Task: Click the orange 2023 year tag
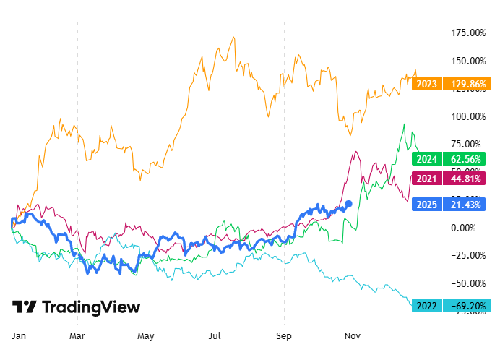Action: (426, 84)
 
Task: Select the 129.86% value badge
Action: (466, 84)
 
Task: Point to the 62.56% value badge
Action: (466, 159)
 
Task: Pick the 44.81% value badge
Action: (466, 179)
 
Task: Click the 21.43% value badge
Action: (466, 205)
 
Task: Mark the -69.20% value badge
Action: (466, 305)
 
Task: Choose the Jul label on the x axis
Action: (215, 336)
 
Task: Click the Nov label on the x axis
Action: (353, 336)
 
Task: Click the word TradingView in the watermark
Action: (91, 307)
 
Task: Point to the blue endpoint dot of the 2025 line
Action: (349, 204)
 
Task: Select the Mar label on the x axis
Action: (77, 336)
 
